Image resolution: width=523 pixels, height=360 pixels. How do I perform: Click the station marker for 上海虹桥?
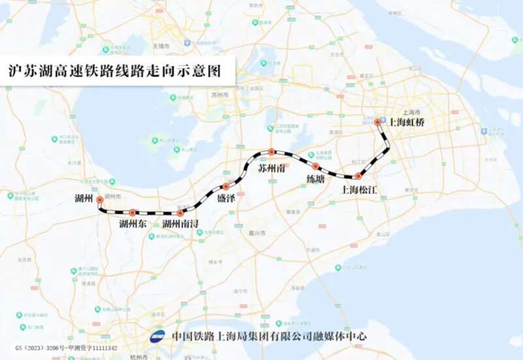coord(378,122)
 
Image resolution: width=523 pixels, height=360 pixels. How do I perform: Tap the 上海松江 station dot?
coord(358,176)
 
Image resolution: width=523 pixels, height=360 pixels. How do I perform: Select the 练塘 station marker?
coord(315,167)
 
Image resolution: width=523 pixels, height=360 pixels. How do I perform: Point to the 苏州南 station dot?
coord(271,152)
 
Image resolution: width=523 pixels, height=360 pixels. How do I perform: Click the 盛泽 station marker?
coord(226,186)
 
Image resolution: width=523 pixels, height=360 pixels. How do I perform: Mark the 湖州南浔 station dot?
coord(180,212)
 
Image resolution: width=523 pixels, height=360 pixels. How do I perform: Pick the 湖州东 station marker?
coord(133,212)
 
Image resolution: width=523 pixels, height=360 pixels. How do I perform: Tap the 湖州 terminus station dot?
coord(99,200)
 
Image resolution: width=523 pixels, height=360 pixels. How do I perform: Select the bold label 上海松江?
coord(360,190)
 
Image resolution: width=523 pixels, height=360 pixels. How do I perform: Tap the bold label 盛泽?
coord(226,198)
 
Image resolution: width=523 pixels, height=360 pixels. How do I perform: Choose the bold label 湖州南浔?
coord(180,225)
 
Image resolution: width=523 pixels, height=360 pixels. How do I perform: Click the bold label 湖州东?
coord(133,225)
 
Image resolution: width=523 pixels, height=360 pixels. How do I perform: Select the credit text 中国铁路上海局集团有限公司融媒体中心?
coord(269,336)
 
